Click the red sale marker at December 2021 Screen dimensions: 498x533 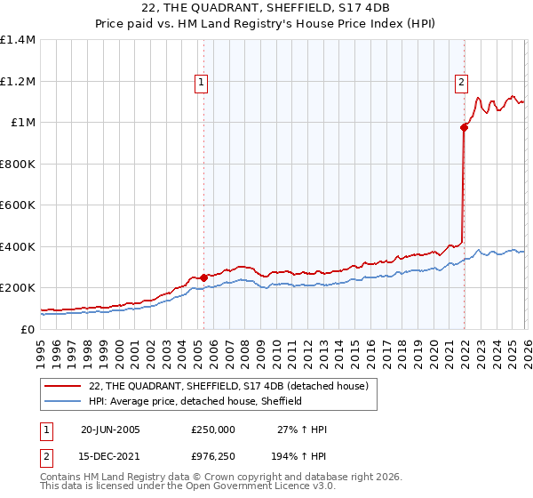[x=464, y=127]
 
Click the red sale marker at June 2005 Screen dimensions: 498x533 [x=204, y=277]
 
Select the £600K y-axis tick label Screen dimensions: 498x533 [x=18, y=205]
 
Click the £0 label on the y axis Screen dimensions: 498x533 [x=27, y=329]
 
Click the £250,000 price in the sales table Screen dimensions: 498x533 [x=213, y=430]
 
